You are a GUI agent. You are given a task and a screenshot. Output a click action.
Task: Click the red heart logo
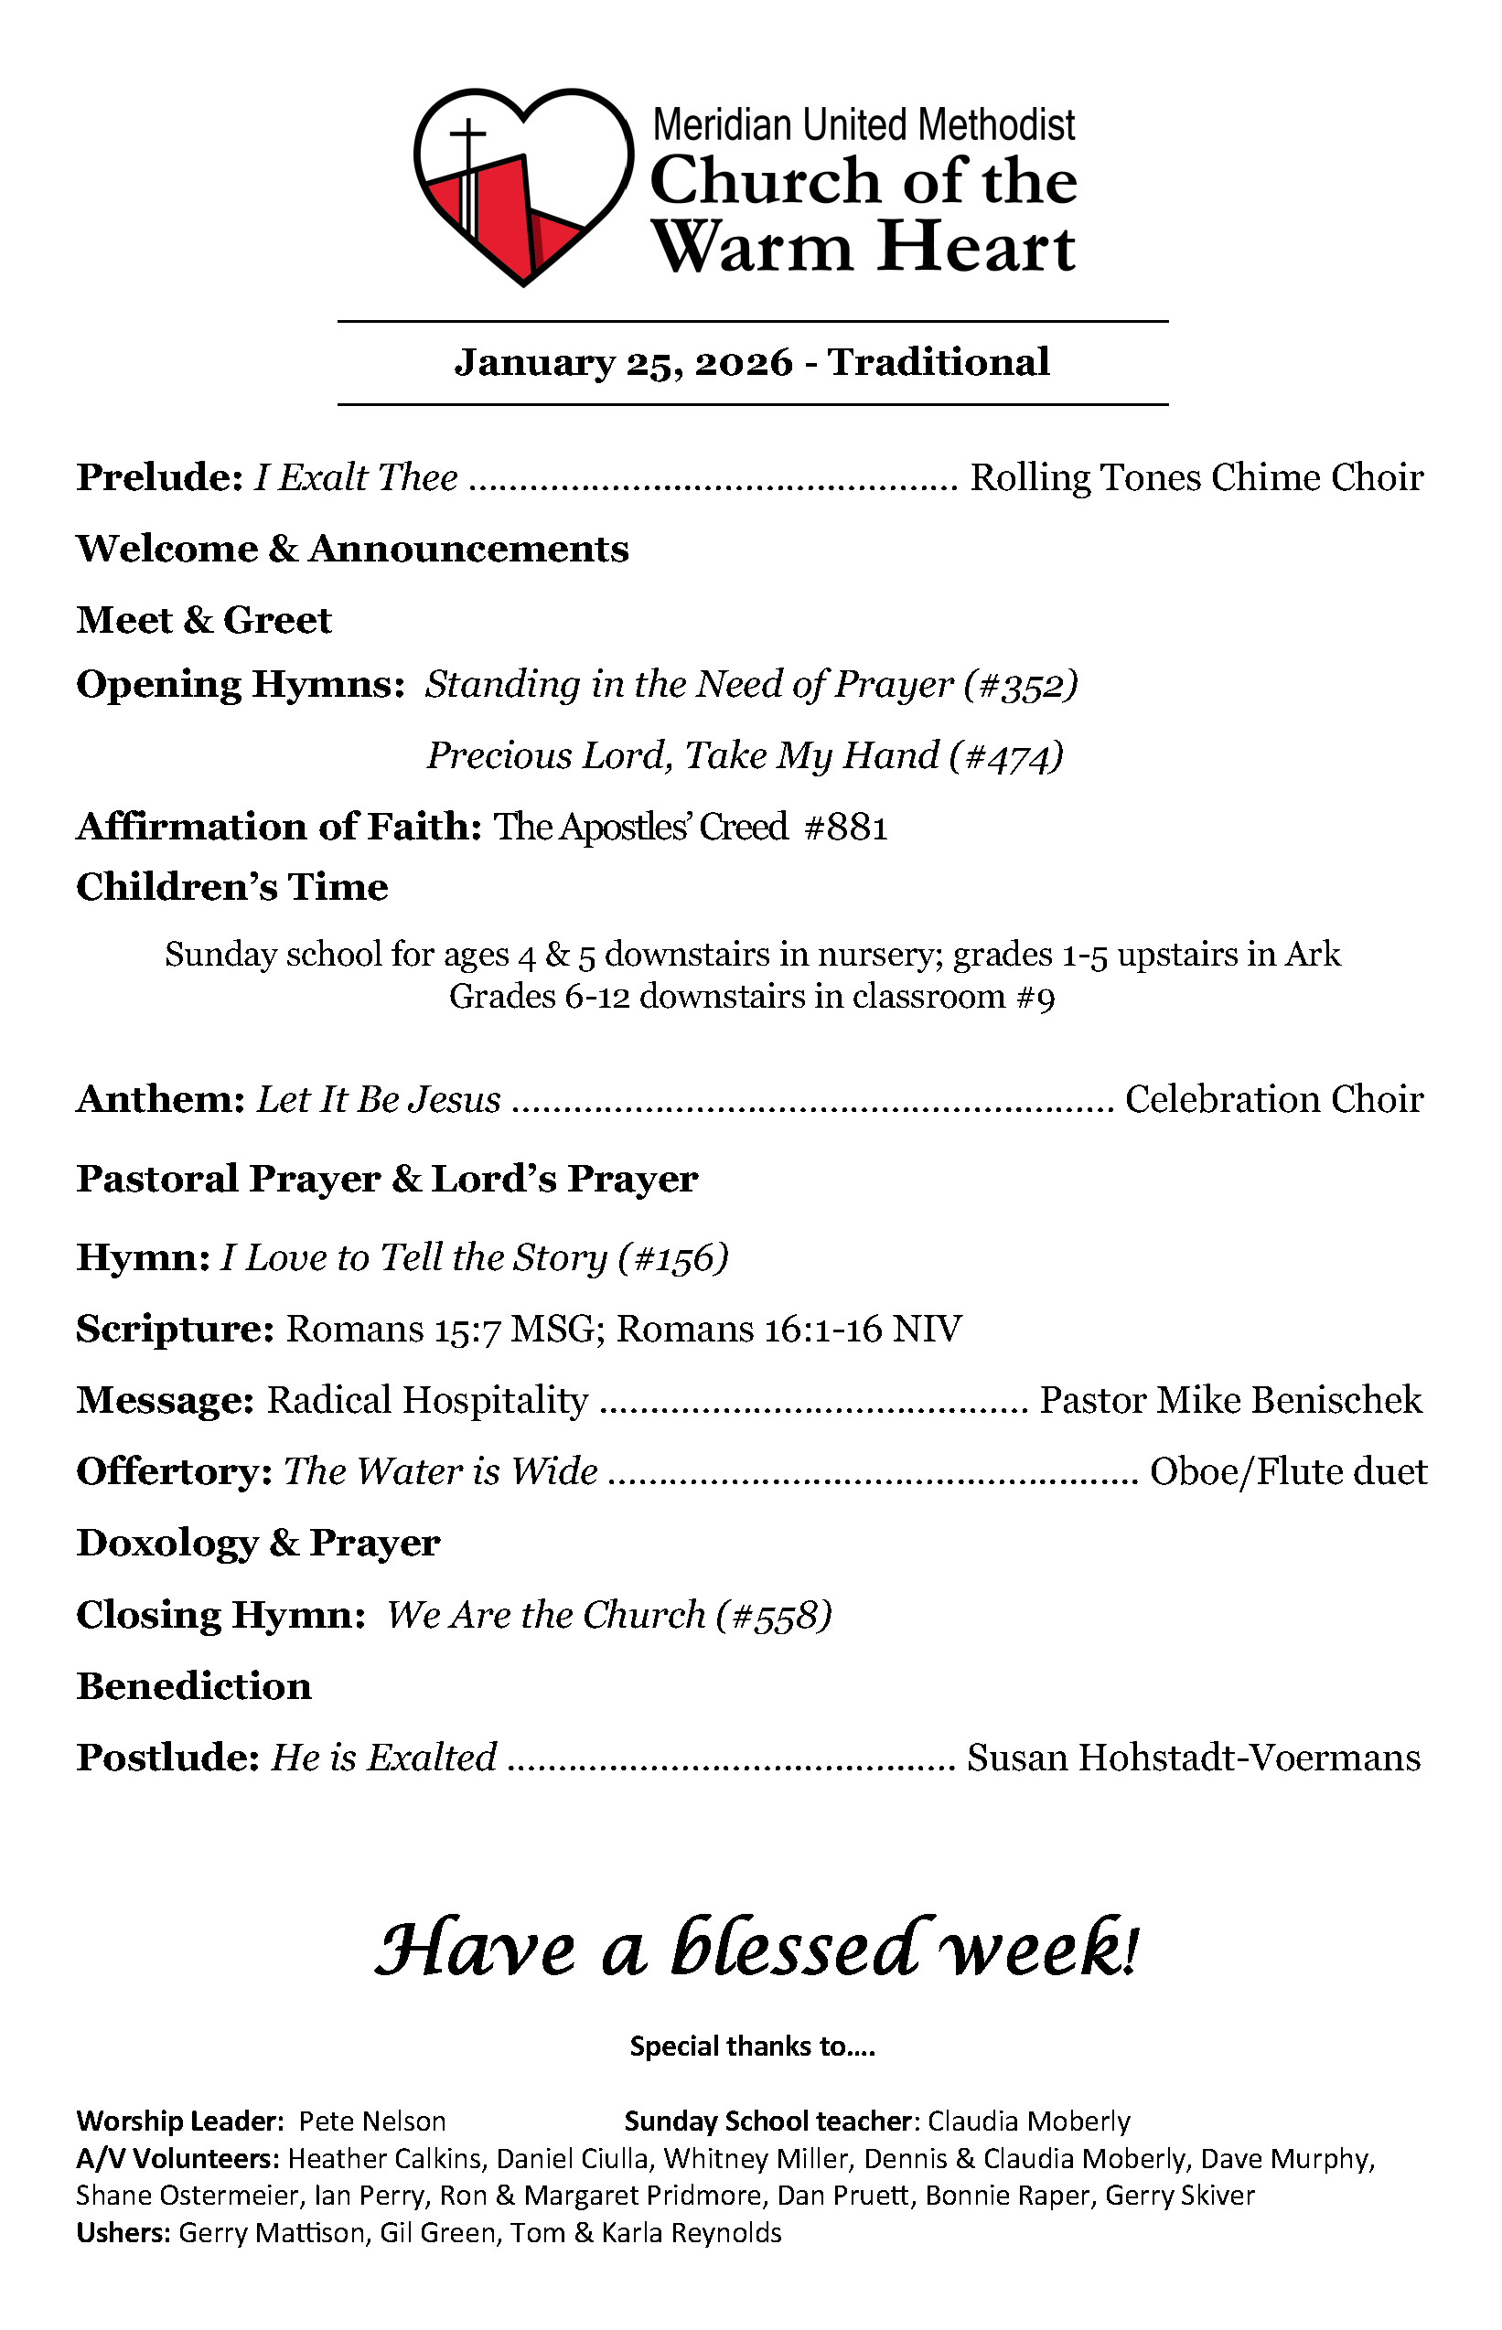[x=523, y=186]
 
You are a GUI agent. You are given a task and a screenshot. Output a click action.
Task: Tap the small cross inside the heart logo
[x=469, y=136]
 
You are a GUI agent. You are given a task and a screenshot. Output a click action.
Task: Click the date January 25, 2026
[x=624, y=363]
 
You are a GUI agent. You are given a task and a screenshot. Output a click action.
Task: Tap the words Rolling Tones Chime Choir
[x=1196, y=477]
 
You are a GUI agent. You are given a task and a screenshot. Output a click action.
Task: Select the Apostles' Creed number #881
[x=845, y=828]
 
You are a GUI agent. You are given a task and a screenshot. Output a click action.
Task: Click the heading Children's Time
[x=232, y=887]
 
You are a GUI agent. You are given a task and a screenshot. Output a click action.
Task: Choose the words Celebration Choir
[x=1274, y=1100]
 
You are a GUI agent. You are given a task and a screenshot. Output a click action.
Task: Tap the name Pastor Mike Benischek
[x=1231, y=1401]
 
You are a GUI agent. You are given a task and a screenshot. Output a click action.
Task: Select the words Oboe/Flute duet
[x=1288, y=1472]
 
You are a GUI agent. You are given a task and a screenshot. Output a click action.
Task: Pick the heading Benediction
[x=194, y=1686]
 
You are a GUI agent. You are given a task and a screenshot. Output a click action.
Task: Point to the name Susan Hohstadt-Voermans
[x=1194, y=1758]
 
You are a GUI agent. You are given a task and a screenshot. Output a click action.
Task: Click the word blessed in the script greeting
[x=795, y=1950]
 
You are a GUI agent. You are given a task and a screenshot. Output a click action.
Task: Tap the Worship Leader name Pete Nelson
[x=371, y=2122]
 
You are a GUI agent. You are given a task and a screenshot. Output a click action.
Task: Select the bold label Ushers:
[x=123, y=2232]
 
